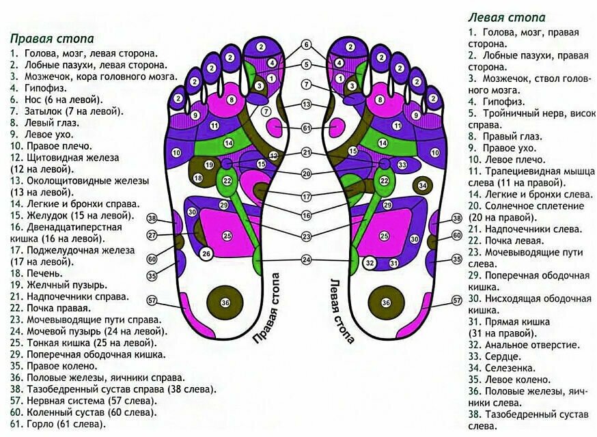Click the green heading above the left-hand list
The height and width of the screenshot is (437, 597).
[52, 39]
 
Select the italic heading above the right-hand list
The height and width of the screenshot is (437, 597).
[506, 18]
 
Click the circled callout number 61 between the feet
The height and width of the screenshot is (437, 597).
[306, 128]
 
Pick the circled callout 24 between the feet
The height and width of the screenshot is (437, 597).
[306, 259]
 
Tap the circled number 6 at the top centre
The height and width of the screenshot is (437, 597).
[306, 45]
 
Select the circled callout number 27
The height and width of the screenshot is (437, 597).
[152, 235]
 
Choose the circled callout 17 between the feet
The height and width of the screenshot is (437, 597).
[306, 197]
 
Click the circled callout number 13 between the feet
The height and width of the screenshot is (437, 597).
[306, 104]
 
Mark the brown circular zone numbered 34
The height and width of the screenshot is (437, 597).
[423, 185]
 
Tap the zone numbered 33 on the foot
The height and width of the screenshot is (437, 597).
[402, 165]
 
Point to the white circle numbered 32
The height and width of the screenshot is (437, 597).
[370, 263]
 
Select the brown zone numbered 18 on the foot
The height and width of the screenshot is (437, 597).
[198, 178]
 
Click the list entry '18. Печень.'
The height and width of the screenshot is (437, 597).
[36, 272]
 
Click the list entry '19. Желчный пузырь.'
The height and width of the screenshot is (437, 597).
[58, 284]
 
